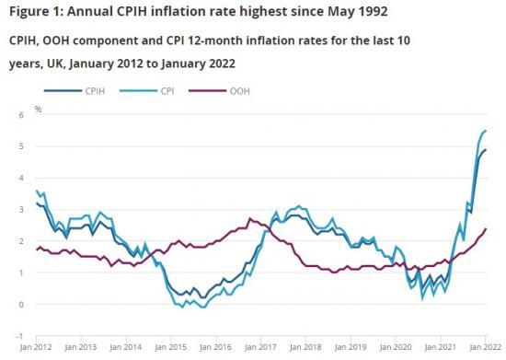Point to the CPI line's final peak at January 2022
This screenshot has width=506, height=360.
pos(486,131)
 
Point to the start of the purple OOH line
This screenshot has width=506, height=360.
pos(36,249)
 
